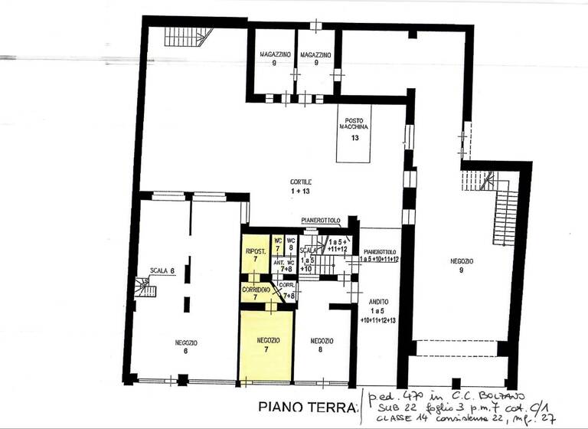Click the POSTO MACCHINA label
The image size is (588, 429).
(354, 125)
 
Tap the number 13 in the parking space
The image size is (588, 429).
(354, 139)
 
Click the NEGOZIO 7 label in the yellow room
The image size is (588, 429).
(267, 344)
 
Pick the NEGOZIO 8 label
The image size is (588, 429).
(322, 345)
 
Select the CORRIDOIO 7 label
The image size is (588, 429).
(255, 293)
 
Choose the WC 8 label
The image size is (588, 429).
(291, 245)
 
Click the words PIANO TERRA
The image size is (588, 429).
(307, 406)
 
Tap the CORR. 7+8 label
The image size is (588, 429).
(289, 290)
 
